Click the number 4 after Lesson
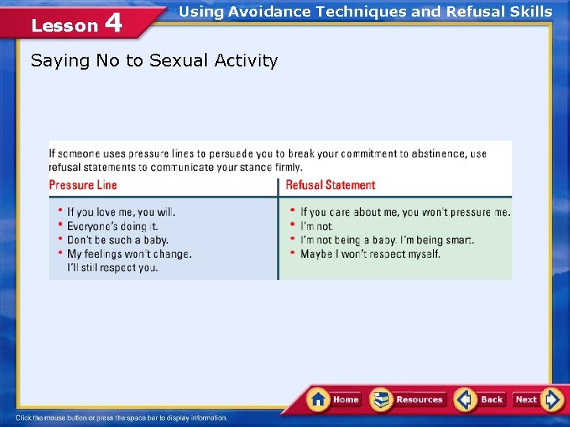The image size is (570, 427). click(x=113, y=23)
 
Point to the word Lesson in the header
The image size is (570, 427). click(x=64, y=25)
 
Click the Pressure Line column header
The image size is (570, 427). click(x=83, y=185)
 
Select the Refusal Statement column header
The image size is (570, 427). click(x=330, y=185)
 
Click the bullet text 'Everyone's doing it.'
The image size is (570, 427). click(x=112, y=226)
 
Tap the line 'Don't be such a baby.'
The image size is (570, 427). click(x=117, y=240)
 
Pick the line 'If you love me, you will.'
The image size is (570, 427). click(x=121, y=212)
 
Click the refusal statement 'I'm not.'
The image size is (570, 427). click(x=317, y=226)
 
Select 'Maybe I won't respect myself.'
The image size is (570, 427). click(x=370, y=254)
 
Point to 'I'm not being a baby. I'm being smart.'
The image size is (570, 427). click(x=387, y=240)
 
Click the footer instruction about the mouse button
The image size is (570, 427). click(x=121, y=418)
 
